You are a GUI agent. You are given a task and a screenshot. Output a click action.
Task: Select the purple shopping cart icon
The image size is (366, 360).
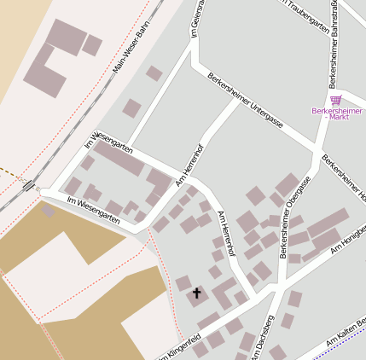[x=336, y=101]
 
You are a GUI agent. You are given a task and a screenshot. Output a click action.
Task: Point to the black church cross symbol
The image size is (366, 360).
[x=197, y=293]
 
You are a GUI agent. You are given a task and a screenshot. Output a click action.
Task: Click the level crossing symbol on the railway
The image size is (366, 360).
[x=30, y=185]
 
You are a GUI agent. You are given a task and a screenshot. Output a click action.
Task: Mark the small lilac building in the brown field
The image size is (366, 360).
[x=48, y=211]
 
